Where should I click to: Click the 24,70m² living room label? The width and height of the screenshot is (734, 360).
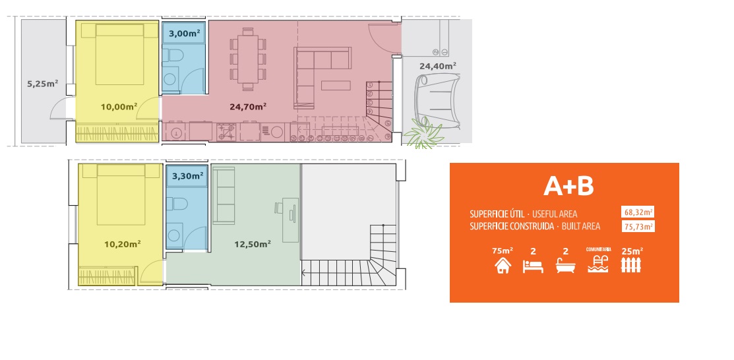coord(247,106)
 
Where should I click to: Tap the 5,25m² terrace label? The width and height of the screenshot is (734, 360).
coord(43,84)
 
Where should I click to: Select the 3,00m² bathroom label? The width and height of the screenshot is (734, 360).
coord(183,33)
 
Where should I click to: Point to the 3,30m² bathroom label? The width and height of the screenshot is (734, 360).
coord(188,176)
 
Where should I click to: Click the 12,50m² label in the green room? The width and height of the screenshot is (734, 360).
coord(253,243)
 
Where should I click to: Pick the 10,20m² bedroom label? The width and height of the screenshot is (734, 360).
coord(122,243)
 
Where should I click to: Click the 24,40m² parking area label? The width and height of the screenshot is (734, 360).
coord(438,67)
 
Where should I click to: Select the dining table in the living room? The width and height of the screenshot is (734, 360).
coord(248,59)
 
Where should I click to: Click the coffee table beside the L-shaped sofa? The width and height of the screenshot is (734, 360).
coord(335,86)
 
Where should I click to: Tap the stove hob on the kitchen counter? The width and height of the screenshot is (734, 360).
coord(227,131)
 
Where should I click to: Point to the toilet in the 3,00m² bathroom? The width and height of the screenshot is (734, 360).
coord(175,56)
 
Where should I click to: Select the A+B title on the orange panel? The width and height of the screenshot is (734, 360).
coord(568,187)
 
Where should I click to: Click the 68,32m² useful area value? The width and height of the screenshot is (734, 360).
coord(638,212)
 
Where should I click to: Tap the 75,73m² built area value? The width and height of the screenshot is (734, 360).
coord(638,227)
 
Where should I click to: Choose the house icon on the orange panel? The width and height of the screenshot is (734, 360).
coord(503,266)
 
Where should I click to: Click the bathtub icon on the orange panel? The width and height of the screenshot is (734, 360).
coord(565,266)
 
